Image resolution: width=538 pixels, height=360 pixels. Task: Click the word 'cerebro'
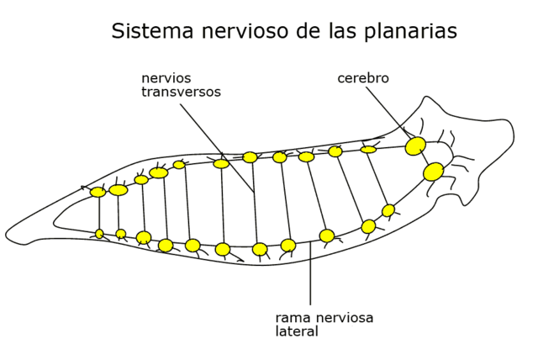pos(363,78)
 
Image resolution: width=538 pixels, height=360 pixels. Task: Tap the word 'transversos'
pos(181,92)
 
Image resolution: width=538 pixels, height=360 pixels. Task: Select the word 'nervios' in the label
pos(165,78)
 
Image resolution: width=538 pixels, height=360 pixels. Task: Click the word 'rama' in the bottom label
pos(292,318)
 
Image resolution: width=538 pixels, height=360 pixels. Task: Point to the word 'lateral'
pos(297,331)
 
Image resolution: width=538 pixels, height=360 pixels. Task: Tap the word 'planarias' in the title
pos(411,32)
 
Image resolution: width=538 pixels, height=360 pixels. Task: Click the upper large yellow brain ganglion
pos(415,146)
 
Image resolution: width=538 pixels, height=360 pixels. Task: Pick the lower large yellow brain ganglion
pos(434,172)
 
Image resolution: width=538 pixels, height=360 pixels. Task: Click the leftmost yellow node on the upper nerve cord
pos(98,192)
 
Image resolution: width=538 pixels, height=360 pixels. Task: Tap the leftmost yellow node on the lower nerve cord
pos(99,234)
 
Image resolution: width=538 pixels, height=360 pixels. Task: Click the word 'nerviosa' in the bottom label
pos(346,318)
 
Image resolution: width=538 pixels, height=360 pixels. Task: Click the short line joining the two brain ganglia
pos(425,159)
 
